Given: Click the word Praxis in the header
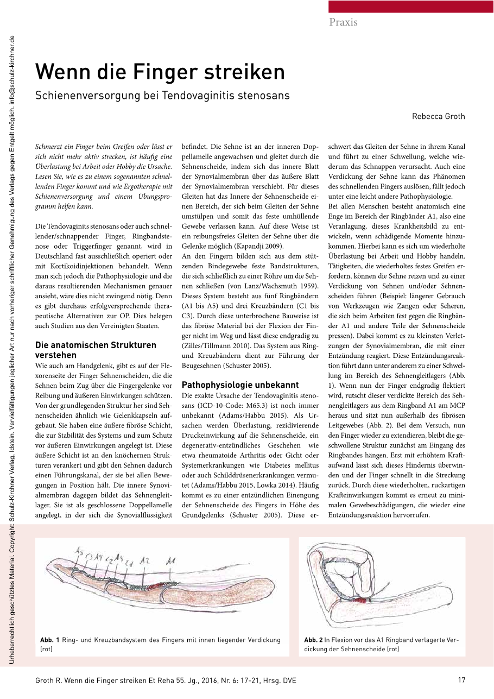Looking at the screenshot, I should pos(343,22).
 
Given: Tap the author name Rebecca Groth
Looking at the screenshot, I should pos(438,116).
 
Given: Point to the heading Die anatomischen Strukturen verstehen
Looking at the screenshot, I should pos(96,350).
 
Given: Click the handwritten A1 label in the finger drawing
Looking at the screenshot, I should pos(170,560).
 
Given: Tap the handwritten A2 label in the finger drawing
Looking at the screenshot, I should pos(144,560).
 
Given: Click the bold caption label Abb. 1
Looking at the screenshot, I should pos(50,640).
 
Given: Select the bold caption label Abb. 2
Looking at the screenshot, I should pos(313,640).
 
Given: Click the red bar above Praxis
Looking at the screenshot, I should pos(411,6).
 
